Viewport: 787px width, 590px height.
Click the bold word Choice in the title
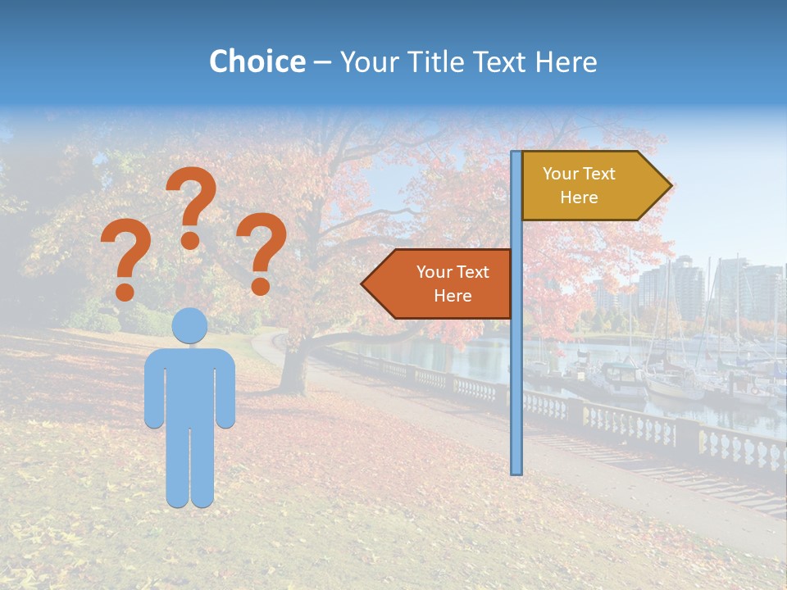click(x=257, y=61)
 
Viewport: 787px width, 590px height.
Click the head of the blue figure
click(x=190, y=325)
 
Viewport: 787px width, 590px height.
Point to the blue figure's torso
click(x=190, y=385)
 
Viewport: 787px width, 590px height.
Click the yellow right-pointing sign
click(x=586, y=186)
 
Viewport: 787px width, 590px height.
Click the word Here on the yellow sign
click(x=579, y=197)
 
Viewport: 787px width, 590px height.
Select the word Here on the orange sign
click(x=453, y=296)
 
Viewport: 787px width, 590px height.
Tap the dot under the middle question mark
click(x=190, y=240)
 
